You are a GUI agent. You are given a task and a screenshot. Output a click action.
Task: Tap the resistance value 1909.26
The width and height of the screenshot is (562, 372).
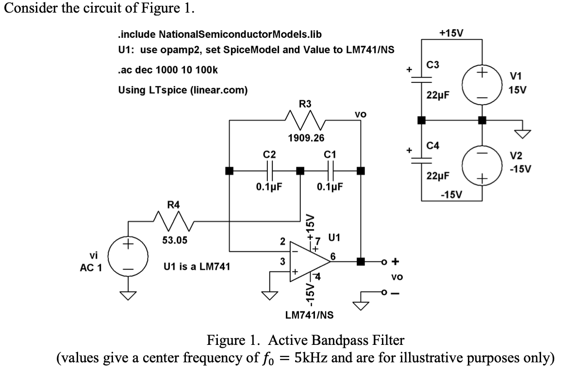(306, 138)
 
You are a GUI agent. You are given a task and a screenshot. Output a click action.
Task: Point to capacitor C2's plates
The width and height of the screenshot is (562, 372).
(270, 170)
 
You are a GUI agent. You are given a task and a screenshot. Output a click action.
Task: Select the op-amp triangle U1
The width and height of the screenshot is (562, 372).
(309, 262)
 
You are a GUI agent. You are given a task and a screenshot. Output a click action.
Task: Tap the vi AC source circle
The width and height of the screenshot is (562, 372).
(129, 257)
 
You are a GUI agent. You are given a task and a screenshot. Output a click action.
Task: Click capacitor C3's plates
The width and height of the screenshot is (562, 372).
(421, 79)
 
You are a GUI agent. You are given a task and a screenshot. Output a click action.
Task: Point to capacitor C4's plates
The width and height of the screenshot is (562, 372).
(421, 160)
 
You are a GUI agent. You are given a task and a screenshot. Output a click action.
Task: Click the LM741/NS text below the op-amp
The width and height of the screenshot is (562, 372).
(309, 315)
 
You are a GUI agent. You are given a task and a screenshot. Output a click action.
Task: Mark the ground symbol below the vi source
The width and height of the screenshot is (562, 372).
(129, 295)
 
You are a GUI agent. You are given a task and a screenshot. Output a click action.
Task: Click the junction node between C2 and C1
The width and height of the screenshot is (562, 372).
(300, 170)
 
